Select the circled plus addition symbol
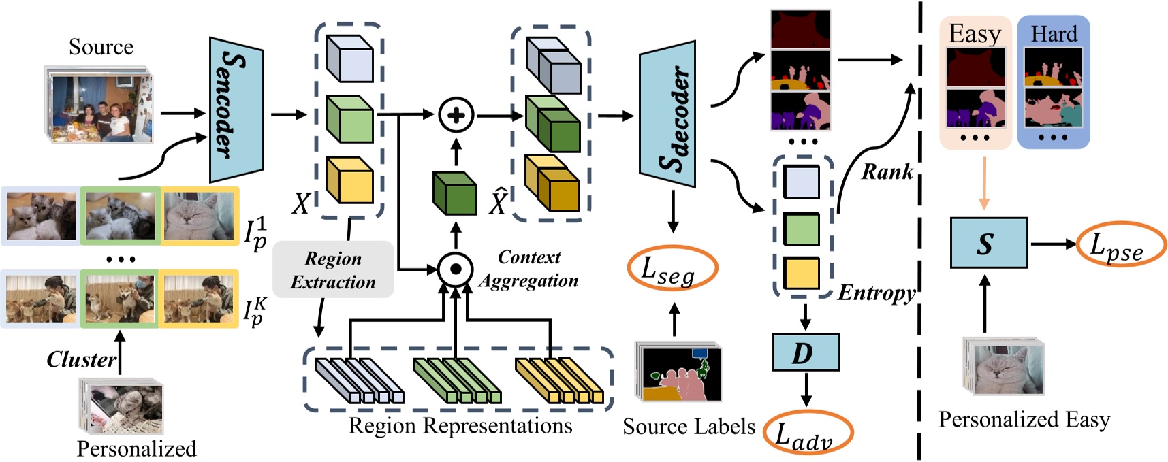[456, 115]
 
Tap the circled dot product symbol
[456, 269]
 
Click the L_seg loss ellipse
[672, 268]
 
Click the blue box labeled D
[806, 352]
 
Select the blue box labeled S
[988, 244]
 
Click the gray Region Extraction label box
[333, 269]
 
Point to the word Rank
[887, 171]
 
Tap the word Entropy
[876, 293]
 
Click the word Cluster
[81, 359]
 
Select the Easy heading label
[975, 33]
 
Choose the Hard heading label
[1054, 33]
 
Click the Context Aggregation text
[528, 269]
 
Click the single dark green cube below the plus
[455, 193]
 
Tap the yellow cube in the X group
[349, 181]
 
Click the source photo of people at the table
[101, 108]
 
